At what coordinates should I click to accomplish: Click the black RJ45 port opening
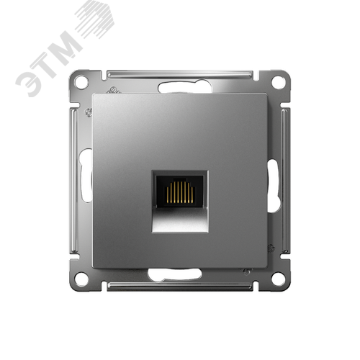tap(179, 192)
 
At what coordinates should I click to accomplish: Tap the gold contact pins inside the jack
tap(180, 192)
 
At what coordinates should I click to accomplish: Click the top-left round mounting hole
tap(81, 82)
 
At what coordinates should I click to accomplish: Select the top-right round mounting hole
tap(279, 82)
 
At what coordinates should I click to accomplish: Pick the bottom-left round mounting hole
tap(81, 279)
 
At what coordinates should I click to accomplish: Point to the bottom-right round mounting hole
tap(279, 279)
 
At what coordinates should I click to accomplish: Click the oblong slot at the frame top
tap(185, 88)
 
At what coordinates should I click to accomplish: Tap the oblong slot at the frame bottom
tap(175, 274)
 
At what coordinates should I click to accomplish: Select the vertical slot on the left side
tap(86, 175)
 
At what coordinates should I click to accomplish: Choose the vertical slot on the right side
tap(274, 185)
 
